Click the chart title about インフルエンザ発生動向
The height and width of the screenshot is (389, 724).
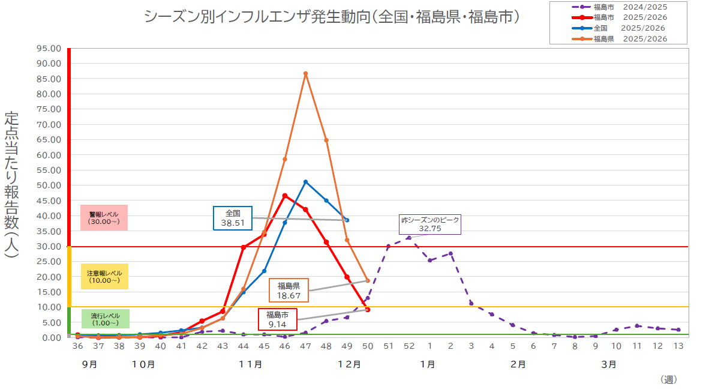(331, 17)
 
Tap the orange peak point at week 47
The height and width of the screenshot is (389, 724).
(305, 74)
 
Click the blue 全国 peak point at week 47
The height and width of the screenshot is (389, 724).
(305, 182)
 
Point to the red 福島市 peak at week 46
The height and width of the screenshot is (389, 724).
(285, 196)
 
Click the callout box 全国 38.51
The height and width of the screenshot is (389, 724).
(233, 218)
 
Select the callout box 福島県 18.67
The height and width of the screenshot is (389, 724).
(289, 291)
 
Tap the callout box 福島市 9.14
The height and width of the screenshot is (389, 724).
(277, 319)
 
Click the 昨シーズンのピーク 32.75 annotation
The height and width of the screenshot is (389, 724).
(430, 224)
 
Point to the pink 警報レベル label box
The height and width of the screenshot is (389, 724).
(104, 218)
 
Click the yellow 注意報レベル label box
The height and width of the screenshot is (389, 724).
(104, 277)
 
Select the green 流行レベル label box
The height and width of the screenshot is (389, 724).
(105, 319)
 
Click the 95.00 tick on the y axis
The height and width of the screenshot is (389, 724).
(49, 48)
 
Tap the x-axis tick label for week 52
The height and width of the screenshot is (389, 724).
(409, 346)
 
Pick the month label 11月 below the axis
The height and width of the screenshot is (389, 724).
(250, 364)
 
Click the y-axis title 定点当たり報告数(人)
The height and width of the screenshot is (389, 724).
(11, 184)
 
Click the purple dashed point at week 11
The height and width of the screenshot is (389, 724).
(637, 326)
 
